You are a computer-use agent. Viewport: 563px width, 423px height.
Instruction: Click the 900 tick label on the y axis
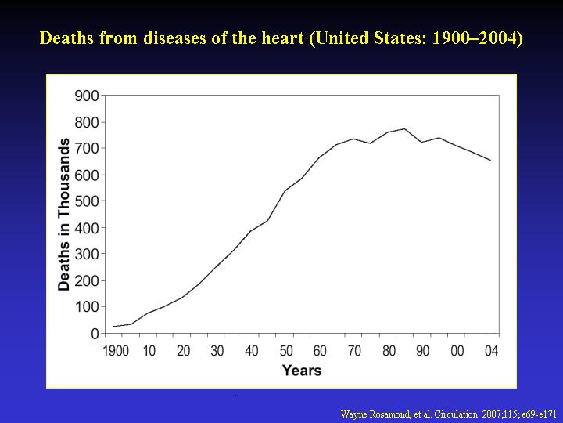pyautogui.click(x=87, y=96)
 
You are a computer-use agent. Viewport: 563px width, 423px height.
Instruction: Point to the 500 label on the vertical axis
pyautogui.click(x=87, y=201)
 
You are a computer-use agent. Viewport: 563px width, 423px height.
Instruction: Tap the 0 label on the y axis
pyautogui.click(x=95, y=334)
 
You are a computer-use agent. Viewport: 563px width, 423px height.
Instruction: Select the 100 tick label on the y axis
pyautogui.click(x=87, y=307)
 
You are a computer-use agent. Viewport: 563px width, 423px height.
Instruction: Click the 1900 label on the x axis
pyautogui.click(x=116, y=351)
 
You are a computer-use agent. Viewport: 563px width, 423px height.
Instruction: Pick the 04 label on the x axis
pyautogui.click(x=492, y=351)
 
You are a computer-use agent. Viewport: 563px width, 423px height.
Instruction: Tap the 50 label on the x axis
pyautogui.click(x=286, y=351)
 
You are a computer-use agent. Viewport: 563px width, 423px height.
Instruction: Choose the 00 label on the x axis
pyautogui.click(x=457, y=351)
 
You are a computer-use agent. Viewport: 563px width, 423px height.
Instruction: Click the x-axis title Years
pyautogui.click(x=302, y=370)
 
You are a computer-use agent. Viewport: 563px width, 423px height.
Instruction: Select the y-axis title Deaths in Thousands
pyautogui.click(x=63, y=215)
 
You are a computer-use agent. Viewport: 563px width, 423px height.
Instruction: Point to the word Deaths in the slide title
pyautogui.click(x=67, y=38)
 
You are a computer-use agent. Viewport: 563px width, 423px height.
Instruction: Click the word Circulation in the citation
pyautogui.click(x=456, y=414)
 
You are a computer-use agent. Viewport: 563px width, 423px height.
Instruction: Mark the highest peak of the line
pyautogui.click(x=404, y=128)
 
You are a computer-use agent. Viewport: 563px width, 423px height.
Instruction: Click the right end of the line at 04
pyautogui.click(x=490, y=161)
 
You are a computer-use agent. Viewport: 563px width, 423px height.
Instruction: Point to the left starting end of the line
pyautogui.click(x=113, y=326)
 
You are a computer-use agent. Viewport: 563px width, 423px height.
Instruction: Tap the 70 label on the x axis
pyautogui.click(x=354, y=351)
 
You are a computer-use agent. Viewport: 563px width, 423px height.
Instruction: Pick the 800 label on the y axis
pyautogui.click(x=87, y=123)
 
